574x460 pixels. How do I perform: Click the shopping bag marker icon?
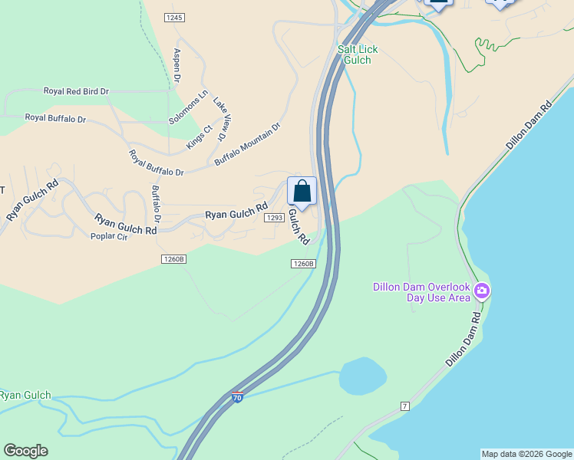pos(302,192)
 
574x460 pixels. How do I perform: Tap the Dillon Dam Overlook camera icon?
pos(482,291)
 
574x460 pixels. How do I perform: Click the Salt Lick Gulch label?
pos(358,54)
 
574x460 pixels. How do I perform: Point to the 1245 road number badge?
pos(174,17)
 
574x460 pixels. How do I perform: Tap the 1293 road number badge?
pos(274,218)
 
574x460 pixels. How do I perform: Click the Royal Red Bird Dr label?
pos(76,91)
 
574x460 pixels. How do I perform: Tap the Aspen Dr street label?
pos(176,65)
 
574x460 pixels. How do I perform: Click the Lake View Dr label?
pos(220,118)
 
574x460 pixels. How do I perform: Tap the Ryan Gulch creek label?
pos(25,396)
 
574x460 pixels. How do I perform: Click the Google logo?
pos(25,451)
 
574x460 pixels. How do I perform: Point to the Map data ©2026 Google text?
pos(526,454)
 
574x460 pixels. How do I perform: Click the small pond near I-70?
pos(363,375)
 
